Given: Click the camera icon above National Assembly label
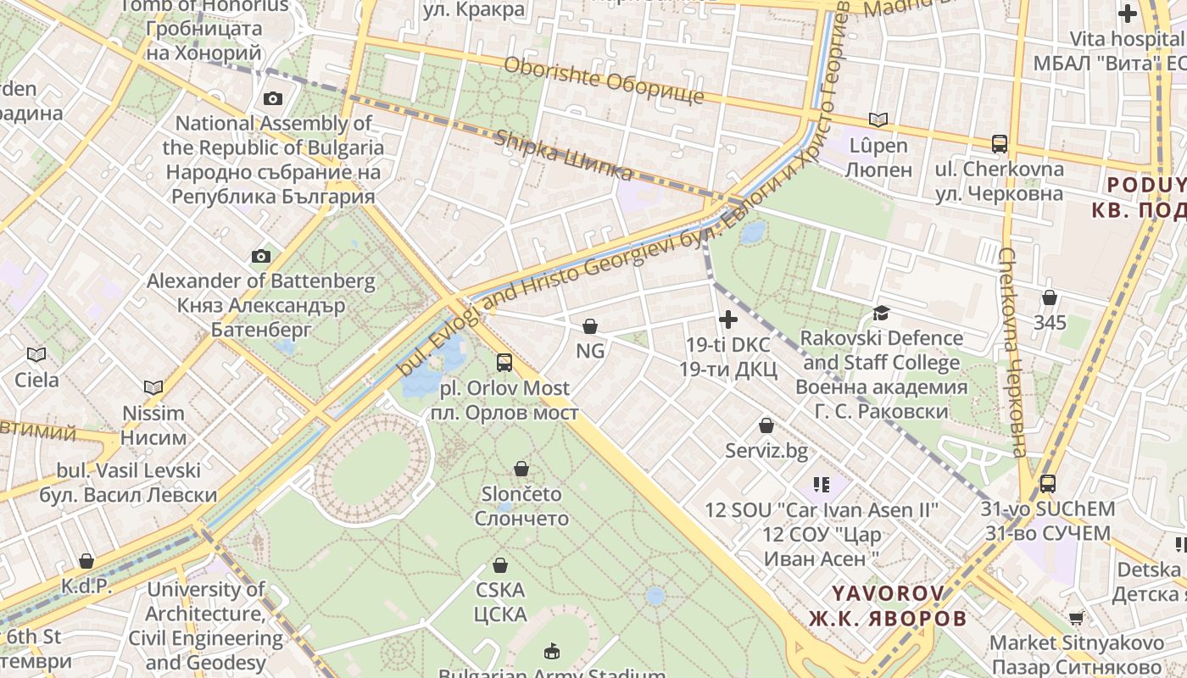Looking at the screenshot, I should [272, 98].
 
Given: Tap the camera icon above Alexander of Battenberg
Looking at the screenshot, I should [261, 256].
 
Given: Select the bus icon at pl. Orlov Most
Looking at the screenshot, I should [504, 363].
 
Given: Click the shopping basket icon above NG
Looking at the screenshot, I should [590, 325].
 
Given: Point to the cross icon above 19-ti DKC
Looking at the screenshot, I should [727, 320].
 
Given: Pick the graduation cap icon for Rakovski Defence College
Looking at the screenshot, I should [882, 313].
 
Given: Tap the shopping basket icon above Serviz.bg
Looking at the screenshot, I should [766, 425].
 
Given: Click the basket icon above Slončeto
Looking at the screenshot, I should [521, 469].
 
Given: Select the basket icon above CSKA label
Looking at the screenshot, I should [500, 564].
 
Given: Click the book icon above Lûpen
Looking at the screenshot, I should [878, 120].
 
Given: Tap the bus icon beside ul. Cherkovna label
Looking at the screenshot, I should [1000, 143].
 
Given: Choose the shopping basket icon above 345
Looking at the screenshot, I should [1050, 297].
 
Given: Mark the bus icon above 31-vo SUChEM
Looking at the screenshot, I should [1048, 484].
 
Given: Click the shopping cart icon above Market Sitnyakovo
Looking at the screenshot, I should [1076, 618].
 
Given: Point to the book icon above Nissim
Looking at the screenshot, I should [153, 388].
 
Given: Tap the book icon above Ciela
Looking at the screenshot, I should [36, 354].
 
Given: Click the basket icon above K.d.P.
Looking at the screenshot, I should [86, 561].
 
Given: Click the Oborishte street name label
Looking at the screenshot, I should [604, 81].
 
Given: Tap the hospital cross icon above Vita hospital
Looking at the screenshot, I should [1127, 14].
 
